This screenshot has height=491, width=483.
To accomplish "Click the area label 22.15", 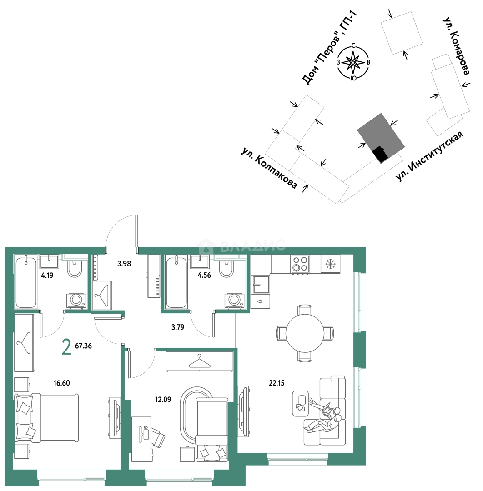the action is click(277, 383).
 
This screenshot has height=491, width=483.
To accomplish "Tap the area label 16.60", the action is click(62, 383).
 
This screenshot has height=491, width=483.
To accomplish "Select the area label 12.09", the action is click(163, 399).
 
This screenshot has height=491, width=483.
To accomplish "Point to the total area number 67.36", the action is click(83, 346).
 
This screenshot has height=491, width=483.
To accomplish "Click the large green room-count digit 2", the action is click(66, 347).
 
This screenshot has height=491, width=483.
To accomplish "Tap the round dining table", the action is click(304, 333).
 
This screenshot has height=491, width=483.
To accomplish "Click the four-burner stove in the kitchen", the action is click(300, 264).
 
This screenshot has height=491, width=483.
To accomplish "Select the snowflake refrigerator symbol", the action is click(330, 264).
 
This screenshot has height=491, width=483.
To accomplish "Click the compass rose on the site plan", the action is click(353, 62).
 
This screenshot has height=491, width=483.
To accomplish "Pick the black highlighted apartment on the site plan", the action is click(380, 155).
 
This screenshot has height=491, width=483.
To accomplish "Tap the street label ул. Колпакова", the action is click(269, 168).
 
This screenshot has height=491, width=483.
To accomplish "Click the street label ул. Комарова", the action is click(456, 46).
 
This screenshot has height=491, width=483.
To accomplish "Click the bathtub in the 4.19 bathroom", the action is click(25, 281).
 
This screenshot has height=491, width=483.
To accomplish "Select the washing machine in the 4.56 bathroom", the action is click(233, 301).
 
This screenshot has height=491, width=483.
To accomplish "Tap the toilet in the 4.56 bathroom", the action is click(226, 268).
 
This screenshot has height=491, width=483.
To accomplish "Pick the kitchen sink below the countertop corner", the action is click(261, 284).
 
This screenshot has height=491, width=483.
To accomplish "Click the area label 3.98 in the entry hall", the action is click(124, 264).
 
